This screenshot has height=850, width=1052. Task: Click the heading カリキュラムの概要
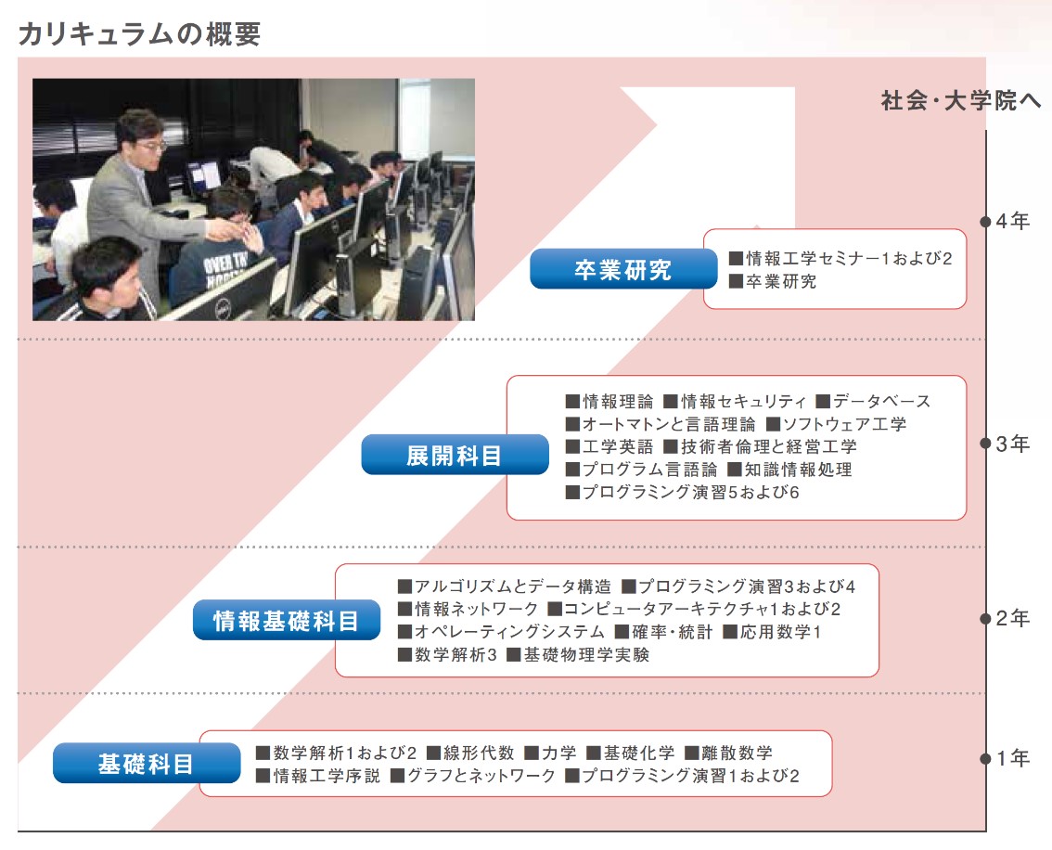pyautogui.click(x=139, y=33)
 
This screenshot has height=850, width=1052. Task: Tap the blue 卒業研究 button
pyautogui.click(x=623, y=269)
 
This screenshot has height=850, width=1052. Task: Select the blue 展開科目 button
pyautogui.click(x=455, y=455)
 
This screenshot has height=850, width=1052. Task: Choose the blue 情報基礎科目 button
pyautogui.click(x=287, y=620)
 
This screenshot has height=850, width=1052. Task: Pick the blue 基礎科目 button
pyautogui.click(x=147, y=764)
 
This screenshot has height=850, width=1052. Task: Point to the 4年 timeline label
pyautogui.click(x=1012, y=221)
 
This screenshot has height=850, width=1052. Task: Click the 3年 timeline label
pyautogui.click(x=1012, y=444)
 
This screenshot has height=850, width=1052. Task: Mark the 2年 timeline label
pyautogui.click(x=1012, y=618)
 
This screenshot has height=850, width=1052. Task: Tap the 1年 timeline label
pyautogui.click(x=1012, y=758)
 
